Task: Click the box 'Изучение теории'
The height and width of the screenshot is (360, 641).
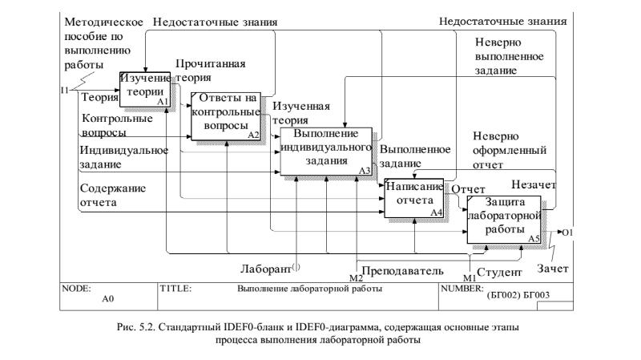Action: click(x=145, y=89)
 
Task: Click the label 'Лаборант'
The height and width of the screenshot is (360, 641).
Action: click(x=265, y=267)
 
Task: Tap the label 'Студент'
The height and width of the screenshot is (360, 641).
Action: click(x=498, y=272)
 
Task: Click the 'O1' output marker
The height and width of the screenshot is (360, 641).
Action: click(x=570, y=233)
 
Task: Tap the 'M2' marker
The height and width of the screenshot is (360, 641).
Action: click(x=356, y=277)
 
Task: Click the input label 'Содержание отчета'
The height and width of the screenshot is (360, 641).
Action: click(x=109, y=196)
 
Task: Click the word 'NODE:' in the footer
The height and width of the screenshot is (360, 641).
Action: click(x=77, y=287)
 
